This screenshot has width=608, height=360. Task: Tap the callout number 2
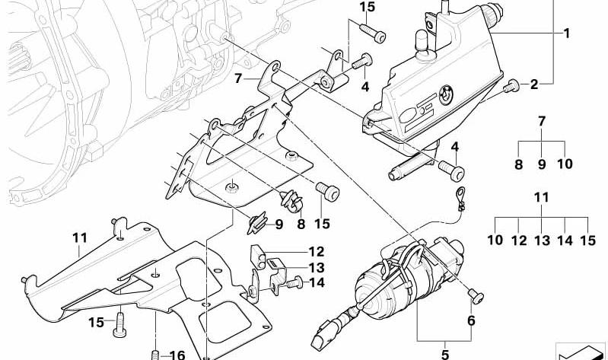tap(534, 84)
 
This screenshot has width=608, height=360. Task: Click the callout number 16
tap(177, 353)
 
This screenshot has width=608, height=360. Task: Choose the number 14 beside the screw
tap(316, 282)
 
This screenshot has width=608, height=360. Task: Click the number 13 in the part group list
tap(542, 241)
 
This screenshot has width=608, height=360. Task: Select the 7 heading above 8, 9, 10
tap(542, 121)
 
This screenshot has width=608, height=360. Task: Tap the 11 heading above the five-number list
tap(541, 198)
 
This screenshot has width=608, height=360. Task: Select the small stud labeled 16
tap(156, 353)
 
